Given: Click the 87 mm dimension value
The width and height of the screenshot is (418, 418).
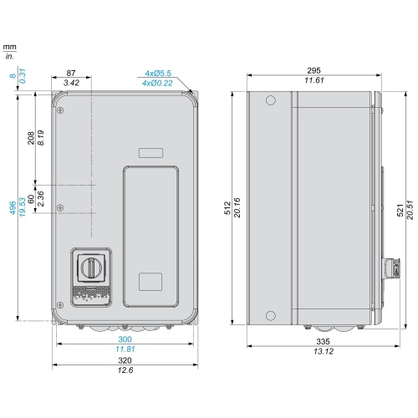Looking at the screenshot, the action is click(x=71, y=73).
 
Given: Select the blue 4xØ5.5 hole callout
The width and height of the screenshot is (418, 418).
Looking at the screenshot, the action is click(x=158, y=74).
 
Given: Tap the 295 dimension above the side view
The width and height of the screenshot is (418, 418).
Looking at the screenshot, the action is click(x=313, y=70).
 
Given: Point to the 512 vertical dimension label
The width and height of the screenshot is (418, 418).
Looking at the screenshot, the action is click(x=227, y=208).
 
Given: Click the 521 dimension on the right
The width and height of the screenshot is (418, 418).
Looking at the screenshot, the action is click(x=400, y=210).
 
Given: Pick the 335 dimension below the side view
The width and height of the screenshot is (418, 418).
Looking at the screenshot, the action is click(x=323, y=341).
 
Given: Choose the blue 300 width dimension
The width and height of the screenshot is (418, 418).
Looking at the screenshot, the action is click(x=125, y=339).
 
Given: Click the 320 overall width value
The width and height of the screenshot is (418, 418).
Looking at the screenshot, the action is click(x=125, y=360).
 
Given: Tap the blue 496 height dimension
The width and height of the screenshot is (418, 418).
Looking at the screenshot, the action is click(x=13, y=208).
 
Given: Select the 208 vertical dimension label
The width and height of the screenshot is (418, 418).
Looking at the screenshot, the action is click(x=31, y=138).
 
